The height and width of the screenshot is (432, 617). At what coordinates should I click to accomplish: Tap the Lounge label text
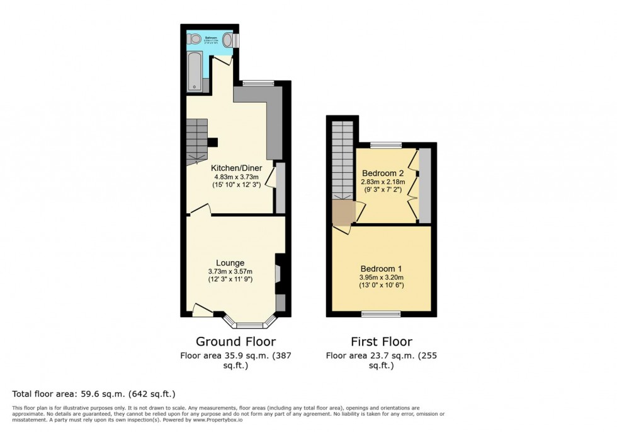(x=230, y=262)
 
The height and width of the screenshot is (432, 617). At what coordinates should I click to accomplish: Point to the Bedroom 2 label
(x=382, y=173)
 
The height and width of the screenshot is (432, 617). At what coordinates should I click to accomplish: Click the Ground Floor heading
(x=235, y=342)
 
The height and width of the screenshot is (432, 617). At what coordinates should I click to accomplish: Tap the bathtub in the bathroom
(x=195, y=71)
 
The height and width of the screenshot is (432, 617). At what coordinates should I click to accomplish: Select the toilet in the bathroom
(x=195, y=39)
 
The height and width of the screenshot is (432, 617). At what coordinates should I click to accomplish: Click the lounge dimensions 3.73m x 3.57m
(x=230, y=272)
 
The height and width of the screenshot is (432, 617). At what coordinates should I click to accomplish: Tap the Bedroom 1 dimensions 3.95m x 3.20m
(x=382, y=277)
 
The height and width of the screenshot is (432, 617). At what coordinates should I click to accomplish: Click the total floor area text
(x=94, y=394)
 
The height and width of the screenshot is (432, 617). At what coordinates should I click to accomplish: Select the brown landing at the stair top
(x=343, y=213)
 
